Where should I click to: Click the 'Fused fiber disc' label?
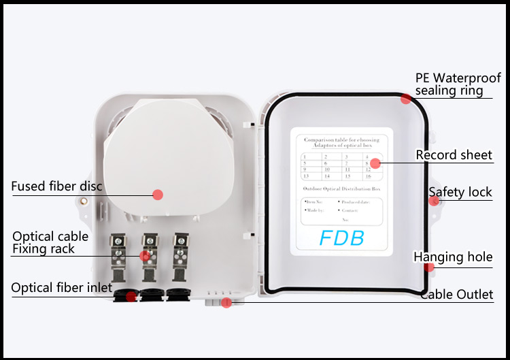click(56, 186)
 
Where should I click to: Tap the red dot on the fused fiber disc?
click(158, 195)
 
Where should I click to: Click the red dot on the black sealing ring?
click(406, 99)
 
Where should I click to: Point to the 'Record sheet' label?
click(454, 155)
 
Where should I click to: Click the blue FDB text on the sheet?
click(342, 238)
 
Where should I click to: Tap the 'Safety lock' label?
click(460, 193)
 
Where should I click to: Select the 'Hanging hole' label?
click(453, 257)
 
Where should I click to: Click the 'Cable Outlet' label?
click(456, 295)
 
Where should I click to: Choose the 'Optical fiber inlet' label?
click(61, 288)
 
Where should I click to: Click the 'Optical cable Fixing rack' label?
click(50, 243)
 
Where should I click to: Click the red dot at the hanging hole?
click(429, 267)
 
